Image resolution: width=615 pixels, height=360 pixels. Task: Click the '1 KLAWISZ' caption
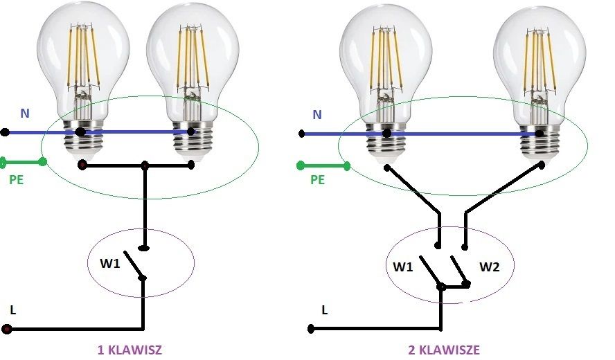point(130,350)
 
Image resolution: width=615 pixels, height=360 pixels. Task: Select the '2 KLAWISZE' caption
point(444,350)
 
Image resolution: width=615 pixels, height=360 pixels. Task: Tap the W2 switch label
point(490,267)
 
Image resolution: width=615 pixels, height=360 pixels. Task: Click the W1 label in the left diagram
point(110,263)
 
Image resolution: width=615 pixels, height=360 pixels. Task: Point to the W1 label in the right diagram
point(403,267)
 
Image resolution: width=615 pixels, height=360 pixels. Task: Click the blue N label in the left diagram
point(25,114)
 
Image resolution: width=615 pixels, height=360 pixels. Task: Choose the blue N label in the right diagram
point(317,115)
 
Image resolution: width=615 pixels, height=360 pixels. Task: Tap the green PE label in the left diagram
point(17,179)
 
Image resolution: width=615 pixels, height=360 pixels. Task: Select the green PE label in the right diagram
point(318,179)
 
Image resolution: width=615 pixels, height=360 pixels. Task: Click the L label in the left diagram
point(13,310)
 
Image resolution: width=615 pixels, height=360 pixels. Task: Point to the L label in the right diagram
point(324,310)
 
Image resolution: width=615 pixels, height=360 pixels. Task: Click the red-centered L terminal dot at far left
point(7,329)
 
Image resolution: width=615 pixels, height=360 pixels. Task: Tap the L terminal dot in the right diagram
point(311,329)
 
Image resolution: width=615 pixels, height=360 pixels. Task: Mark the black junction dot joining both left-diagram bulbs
point(145,165)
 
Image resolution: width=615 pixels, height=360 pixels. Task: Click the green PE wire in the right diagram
point(323,166)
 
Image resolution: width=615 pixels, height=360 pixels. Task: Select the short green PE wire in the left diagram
point(24,161)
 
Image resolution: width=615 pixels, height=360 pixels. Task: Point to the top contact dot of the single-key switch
point(144,248)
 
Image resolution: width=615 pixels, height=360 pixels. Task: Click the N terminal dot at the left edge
point(5,132)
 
